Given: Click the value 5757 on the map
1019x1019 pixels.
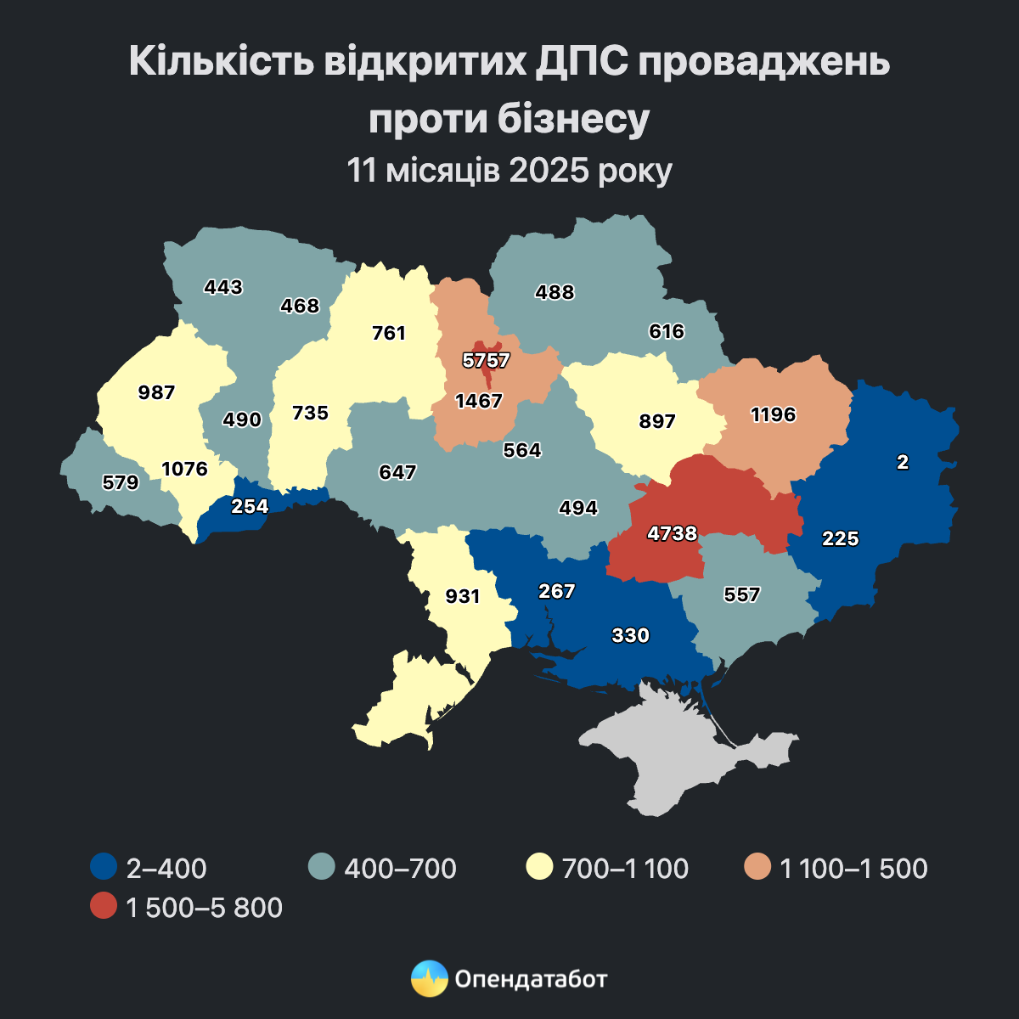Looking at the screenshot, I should (x=486, y=361).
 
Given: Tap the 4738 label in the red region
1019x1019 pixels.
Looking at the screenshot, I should (x=671, y=533).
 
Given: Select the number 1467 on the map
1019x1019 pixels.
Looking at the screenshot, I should (x=479, y=401).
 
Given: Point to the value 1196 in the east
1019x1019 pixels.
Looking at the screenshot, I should (x=773, y=414).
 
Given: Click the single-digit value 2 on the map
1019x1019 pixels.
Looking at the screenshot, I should (x=903, y=462).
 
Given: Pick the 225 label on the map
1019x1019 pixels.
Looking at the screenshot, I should (x=840, y=538).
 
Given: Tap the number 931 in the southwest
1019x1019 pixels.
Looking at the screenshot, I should (x=463, y=596).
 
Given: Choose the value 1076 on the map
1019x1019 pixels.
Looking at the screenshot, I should (x=184, y=469).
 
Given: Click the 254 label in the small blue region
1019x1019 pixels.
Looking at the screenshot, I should (x=250, y=506).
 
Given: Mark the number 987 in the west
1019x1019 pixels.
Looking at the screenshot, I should (x=156, y=392).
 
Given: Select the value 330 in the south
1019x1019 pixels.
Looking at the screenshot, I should (x=630, y=634).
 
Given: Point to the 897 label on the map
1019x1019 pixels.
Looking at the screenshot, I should (x=657, y=420).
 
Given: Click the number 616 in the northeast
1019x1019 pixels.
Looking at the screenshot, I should (x=666, y=331).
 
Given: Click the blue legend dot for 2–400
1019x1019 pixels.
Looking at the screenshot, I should (x=103, y=867).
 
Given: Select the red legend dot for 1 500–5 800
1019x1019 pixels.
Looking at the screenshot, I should (x=103, y=906).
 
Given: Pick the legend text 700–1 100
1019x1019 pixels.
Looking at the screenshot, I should (x=625, y=868).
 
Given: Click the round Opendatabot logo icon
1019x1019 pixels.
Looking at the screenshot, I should (x=429, y=978).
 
